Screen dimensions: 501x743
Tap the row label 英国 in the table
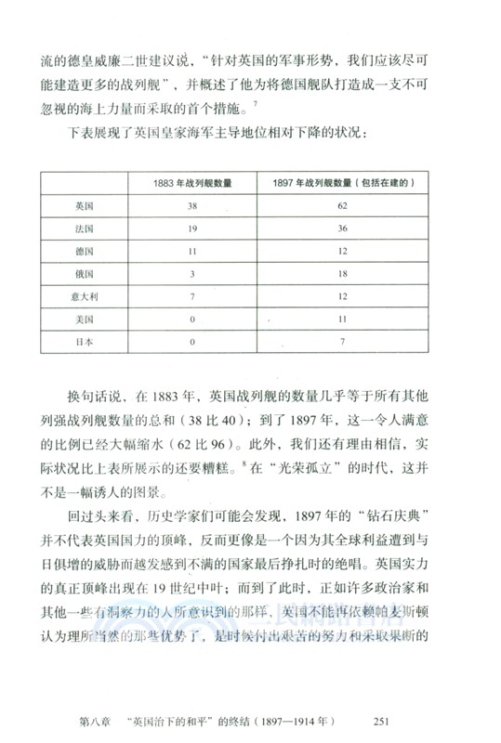pos(85,204)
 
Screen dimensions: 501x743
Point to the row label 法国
pos(85,228)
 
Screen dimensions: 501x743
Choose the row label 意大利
pos(85,295)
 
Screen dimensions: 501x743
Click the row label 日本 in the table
pos(85,341)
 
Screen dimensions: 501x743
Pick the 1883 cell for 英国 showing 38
pos(192,204)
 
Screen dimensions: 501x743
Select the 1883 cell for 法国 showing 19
pos(192,228)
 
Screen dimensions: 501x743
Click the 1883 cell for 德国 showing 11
pos(192,251)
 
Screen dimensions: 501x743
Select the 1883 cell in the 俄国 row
pos(192,273)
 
